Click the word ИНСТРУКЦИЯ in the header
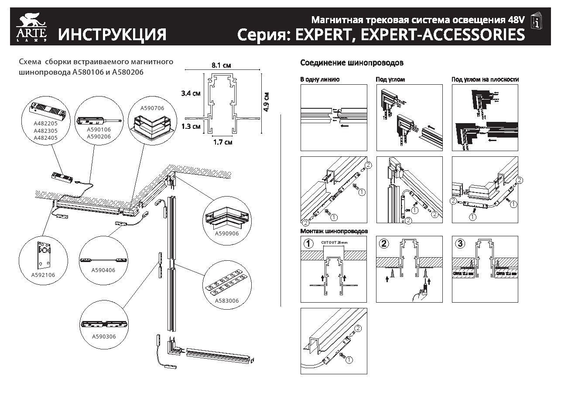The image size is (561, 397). click(113, 35)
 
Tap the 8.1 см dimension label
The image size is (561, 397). click(221, 66)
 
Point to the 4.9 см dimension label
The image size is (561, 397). click(267, 102)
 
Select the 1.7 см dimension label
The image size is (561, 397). click(222, 142)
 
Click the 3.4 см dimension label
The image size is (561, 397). click(191, 93)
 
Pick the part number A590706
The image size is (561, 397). click(152, 107)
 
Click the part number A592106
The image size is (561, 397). click(43, 275)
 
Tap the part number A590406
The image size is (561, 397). click(103, 270)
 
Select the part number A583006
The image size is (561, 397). click(226, 300)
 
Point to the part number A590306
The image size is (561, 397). click(104, 337)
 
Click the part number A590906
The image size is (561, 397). click(226, 234)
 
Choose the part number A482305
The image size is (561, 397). click(45, 130)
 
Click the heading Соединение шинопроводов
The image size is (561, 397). click(352, 63)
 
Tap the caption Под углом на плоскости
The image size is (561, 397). click(485, 79)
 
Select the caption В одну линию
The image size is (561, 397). click(320, 79)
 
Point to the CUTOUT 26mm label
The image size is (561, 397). click(334, 242)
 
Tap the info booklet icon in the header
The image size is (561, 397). click(537, 21)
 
